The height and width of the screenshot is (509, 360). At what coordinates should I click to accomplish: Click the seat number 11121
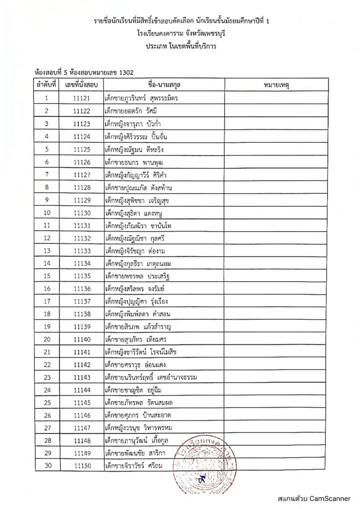click(x=82, y=98)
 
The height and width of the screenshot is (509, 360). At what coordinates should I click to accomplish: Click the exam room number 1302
click(x=124, y=72)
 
